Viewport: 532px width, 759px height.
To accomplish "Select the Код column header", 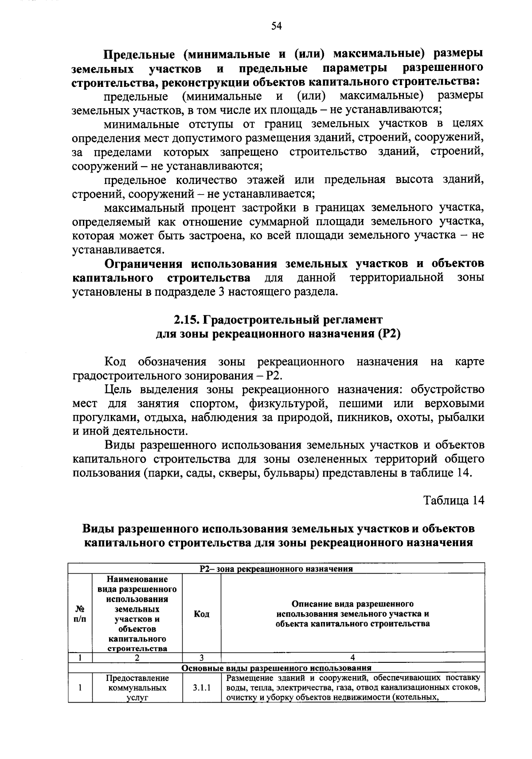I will [202, 614].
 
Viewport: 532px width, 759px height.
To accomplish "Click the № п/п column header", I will [80, 614].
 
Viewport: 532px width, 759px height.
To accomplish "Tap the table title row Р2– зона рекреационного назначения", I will [276, 569].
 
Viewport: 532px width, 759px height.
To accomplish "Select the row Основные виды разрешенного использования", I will [276, 668].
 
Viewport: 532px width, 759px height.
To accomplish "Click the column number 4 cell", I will [352, 658].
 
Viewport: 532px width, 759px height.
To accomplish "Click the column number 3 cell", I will [202, 658].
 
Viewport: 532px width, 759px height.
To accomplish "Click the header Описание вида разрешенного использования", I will [352, 614].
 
